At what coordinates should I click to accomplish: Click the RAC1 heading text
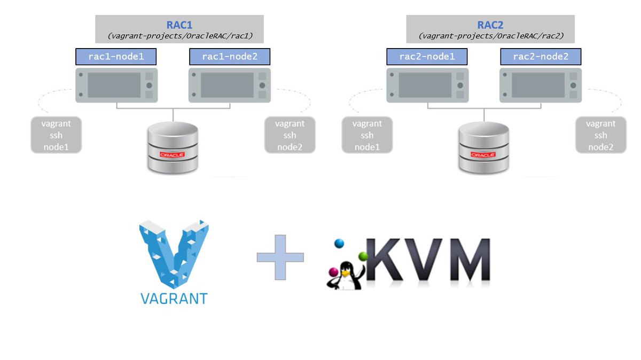tap(179, 25)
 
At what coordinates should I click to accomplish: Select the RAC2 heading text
tap(490, 25)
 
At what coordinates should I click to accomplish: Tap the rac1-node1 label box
tap(116, 57)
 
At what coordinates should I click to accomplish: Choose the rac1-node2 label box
tap(230, 57)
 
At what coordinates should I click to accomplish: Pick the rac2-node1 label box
tap(427, 57)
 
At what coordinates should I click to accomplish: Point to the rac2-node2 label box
tap(541, 57)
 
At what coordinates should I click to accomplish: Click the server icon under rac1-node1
tap(116, 85)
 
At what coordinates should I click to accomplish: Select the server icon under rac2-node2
tap(541, 85)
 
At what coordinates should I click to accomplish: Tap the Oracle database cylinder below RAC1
tap(173, 147)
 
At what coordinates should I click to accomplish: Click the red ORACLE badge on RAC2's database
tap(483, 155)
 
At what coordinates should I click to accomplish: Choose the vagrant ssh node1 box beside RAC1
tap(56, 135)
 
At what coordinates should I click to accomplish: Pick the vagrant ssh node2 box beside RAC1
tap(290, 135)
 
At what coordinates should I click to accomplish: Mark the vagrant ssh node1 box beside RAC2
tap(367, 135)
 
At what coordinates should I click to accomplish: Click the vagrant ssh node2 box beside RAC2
tap(600, 135)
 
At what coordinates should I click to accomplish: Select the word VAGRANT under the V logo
tap(174, 299)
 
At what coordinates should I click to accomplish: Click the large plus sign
tap(280, 257)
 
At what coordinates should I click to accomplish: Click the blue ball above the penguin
tap(339, 244)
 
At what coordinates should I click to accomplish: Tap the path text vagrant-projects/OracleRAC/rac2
tap(491, 36)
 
